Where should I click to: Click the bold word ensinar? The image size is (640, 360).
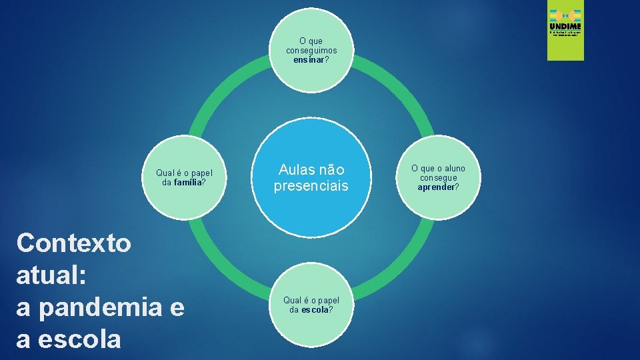309,59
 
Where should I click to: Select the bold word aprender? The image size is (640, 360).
435,187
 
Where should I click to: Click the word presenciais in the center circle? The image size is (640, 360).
311,186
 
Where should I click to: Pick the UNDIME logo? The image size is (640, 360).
565,34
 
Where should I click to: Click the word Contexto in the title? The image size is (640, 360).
74,243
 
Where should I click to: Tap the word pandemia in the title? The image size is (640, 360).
98,309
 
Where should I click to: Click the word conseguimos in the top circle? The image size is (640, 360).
311,50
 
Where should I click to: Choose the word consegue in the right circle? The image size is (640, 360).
438,178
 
